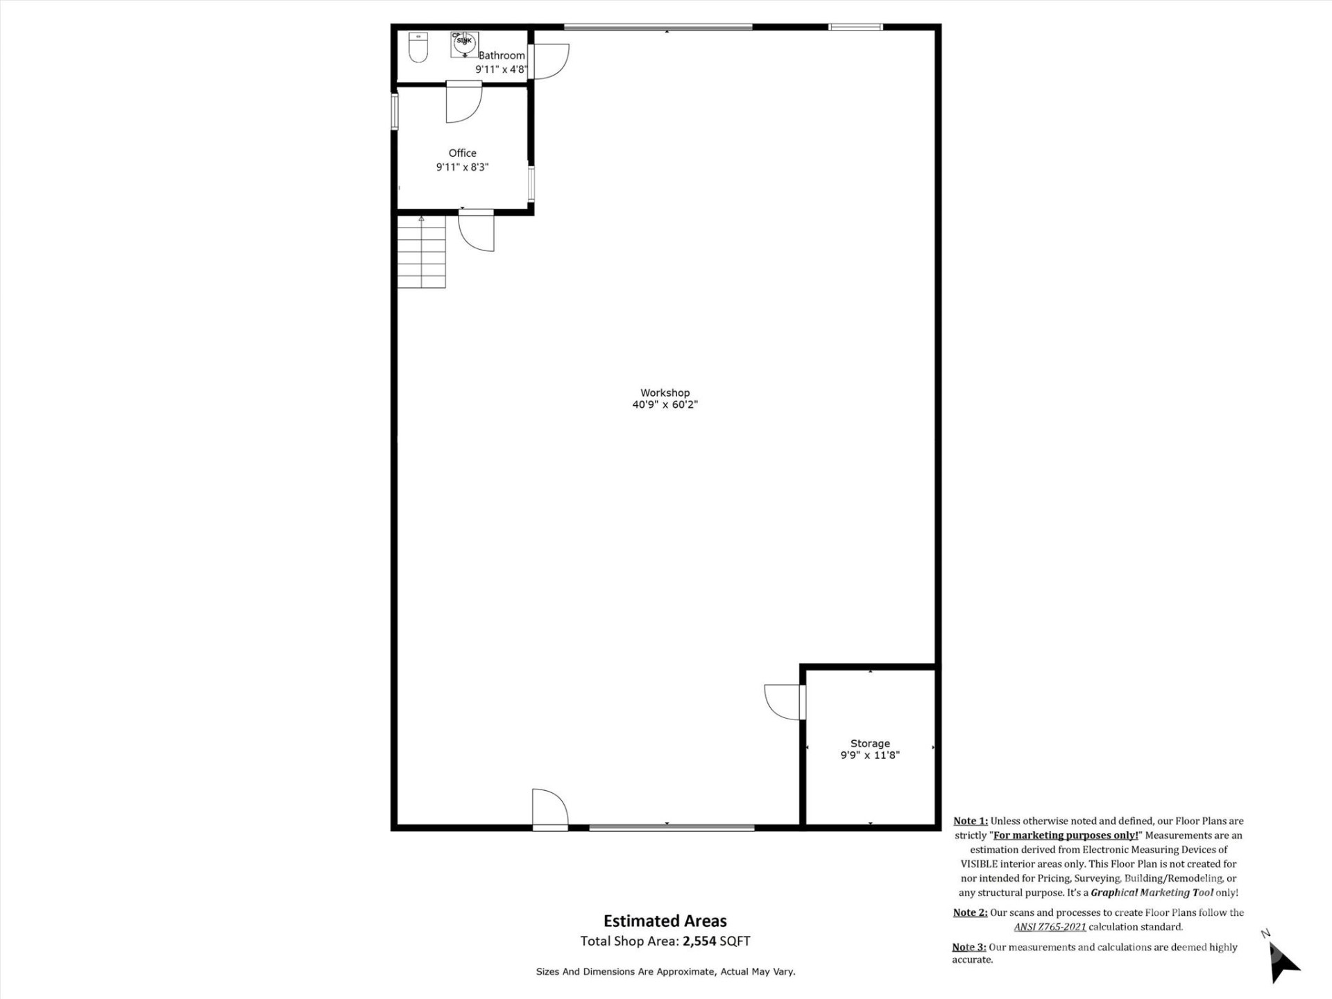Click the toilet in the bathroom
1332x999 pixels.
pos(418,47)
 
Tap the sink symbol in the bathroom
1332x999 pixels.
pos(464,44)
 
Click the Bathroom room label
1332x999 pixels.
pos(502,55)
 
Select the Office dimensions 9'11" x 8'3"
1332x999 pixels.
pos(462,167)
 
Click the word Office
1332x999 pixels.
pos(462,153)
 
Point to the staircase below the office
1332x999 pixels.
pos(421,252)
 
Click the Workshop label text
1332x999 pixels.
pos(665,393)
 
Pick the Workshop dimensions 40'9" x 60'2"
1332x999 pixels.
pos(665,404)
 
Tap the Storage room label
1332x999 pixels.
pos(870,743)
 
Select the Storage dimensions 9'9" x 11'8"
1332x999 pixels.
pos(870,755)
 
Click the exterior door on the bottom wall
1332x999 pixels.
pos(550,809)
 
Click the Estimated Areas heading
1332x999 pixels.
pos(665,921)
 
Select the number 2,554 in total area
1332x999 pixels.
pos(699,941)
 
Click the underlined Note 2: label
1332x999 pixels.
pos(970,912)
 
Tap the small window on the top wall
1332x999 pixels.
pos(855,27)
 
